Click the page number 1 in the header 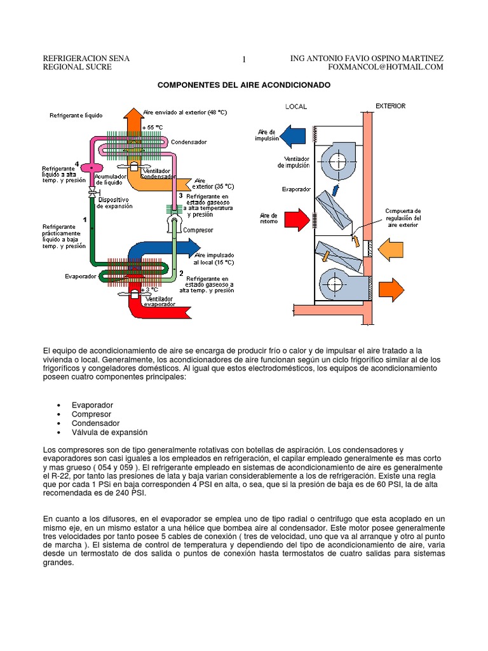(244, 60)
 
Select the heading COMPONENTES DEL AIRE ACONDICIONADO (244, 85)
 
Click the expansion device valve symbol (93, 191)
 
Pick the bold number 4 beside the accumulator (77, 163)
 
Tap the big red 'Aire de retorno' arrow (294, 220)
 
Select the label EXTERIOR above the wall (390, 106)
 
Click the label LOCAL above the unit (296, 107)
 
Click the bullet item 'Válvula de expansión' (109, 432)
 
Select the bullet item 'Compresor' (91, 414)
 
